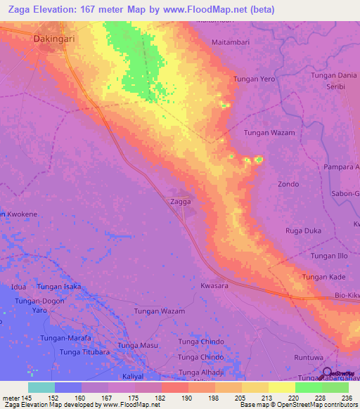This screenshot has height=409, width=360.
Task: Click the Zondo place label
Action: (x=288, y=184)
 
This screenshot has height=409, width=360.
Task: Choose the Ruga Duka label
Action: (x=303, y=231)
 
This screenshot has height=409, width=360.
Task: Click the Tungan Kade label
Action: (x=323, y=278)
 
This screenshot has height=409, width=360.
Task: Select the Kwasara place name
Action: (x=216, y=287)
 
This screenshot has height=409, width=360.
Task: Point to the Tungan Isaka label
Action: (x=59, y=287)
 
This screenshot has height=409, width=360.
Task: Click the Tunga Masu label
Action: (x=138, y=345)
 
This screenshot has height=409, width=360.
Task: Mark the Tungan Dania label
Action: (x=333, y=75)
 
